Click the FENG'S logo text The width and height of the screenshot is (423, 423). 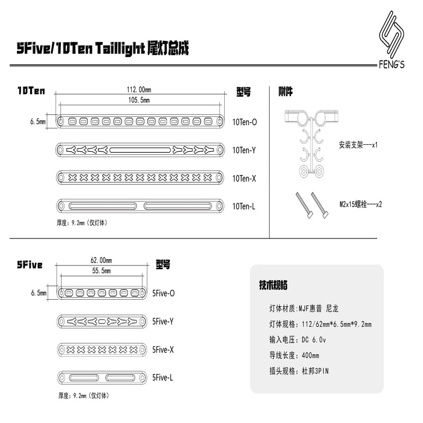[x=391, y=65]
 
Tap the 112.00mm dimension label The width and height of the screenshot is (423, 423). [x=139, y=89]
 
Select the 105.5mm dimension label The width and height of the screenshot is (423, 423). [x=139, y=100]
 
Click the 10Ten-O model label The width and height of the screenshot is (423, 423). [x=245, y=122]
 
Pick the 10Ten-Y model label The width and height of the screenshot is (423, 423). [x=244, y=150]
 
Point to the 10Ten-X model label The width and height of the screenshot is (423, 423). [x=244, y=179]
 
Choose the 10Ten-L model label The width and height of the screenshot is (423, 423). [x=244, y=206]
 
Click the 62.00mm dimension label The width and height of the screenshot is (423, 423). [x=101, y=260]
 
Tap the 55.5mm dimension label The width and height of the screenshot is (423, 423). [x=102, y=271]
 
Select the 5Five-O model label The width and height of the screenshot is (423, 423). [x=163, y=293]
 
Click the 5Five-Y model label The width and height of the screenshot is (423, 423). [x=163, y=321]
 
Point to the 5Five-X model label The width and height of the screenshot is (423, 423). [x=163, y=350]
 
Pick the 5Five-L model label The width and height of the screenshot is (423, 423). [x=162, y=378]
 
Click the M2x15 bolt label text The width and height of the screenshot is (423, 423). [x=361, y=204]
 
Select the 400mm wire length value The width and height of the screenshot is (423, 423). [x=310, y=355]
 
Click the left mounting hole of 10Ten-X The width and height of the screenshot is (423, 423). [x=61, y=178]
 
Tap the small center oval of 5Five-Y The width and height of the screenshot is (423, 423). [x=102, y=321]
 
